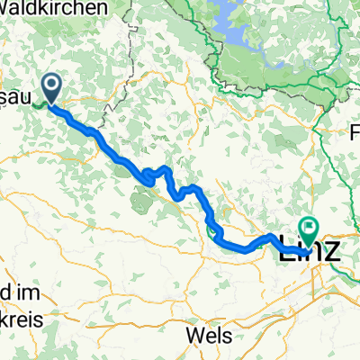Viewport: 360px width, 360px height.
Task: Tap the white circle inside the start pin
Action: pyautogui.click(x=51, y=86)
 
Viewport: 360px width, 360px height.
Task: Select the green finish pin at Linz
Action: pyautogui.click(x=308, y=233)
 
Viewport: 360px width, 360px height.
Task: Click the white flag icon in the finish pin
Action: pyautogui.click(x=308, y=229)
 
